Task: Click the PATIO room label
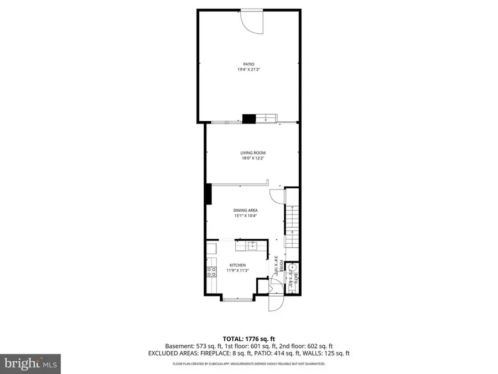tap(249, 64)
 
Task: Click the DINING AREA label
tap(245, 210)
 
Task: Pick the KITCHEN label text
tap(237, 265)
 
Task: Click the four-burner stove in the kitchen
tap(211, 271)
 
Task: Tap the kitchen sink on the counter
tap(251, 245)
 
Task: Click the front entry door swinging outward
tap(276, 303)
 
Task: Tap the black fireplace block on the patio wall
tap(248, 118)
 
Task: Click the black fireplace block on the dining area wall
tap(208, 194)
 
